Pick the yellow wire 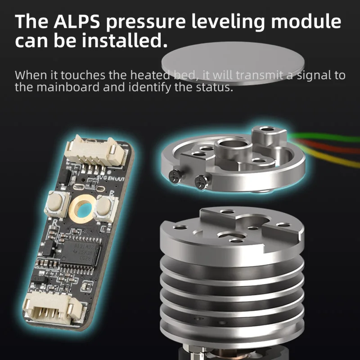tap(333, 155)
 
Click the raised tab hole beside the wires tap(269, 130)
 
